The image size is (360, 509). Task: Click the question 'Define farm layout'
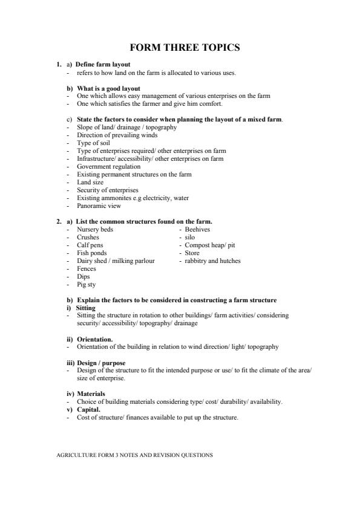103,65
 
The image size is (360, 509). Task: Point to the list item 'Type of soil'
93,143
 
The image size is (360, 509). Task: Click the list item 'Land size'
91,182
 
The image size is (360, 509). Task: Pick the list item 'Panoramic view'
97,206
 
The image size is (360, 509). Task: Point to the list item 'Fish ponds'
93,253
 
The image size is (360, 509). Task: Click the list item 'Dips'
84,276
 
